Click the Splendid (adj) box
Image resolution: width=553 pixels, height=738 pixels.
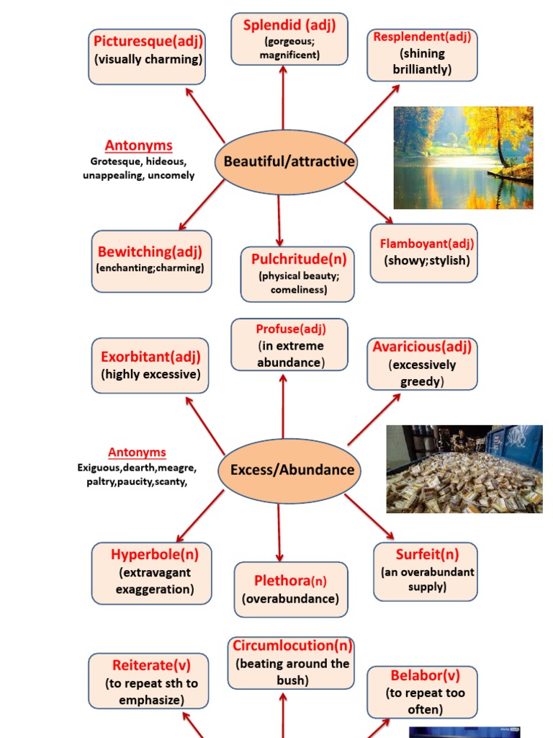[289, 39]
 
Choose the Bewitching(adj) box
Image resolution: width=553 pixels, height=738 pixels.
[151, 261]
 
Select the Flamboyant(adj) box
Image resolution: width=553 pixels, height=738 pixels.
[423, 253]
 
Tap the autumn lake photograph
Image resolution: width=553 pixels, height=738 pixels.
[463, 158]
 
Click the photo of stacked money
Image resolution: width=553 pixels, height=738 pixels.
[464, 469]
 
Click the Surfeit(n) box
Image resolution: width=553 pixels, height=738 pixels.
[426, 572]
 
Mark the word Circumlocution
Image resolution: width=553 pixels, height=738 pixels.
[282, 645]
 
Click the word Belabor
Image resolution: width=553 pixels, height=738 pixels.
[415, 676]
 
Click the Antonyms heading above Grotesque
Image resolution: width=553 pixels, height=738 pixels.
[139, 146]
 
